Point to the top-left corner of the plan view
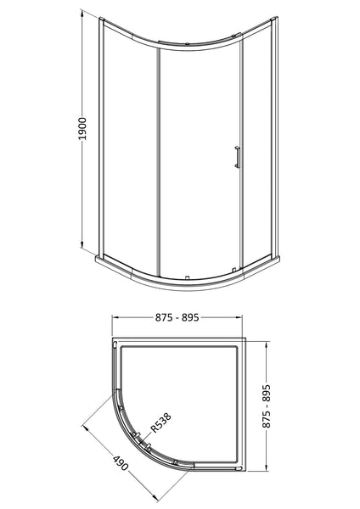pyautogui.click(x=113, y=339)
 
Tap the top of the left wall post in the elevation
pyautogui.click(x=101, y=19)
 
